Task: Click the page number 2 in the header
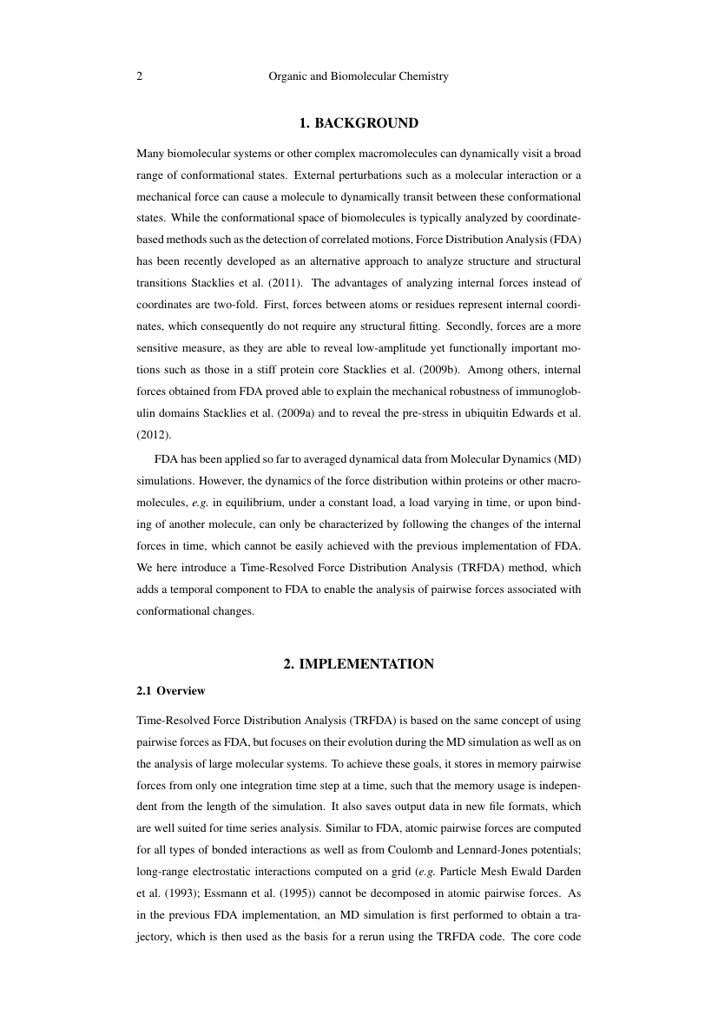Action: (x=140, y=76)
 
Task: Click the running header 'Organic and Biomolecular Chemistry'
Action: (x=359, y=76)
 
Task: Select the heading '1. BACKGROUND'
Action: (x=359, y=123)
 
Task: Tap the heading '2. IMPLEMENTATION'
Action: (x=359, y=664)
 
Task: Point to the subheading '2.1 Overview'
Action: (x=171, y=691)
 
